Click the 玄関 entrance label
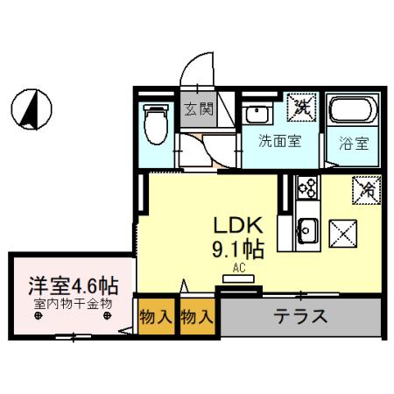point(199,110)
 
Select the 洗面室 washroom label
point(279,141)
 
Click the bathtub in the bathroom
point(352,114)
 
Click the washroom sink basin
point(257,115)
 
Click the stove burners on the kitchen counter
point(308,186)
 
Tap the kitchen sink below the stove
point(307,230)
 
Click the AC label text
point(238,268)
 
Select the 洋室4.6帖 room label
point(73,285)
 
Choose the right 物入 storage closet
point(197,317)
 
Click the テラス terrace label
point(299,316)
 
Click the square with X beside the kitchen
point(341,232)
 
